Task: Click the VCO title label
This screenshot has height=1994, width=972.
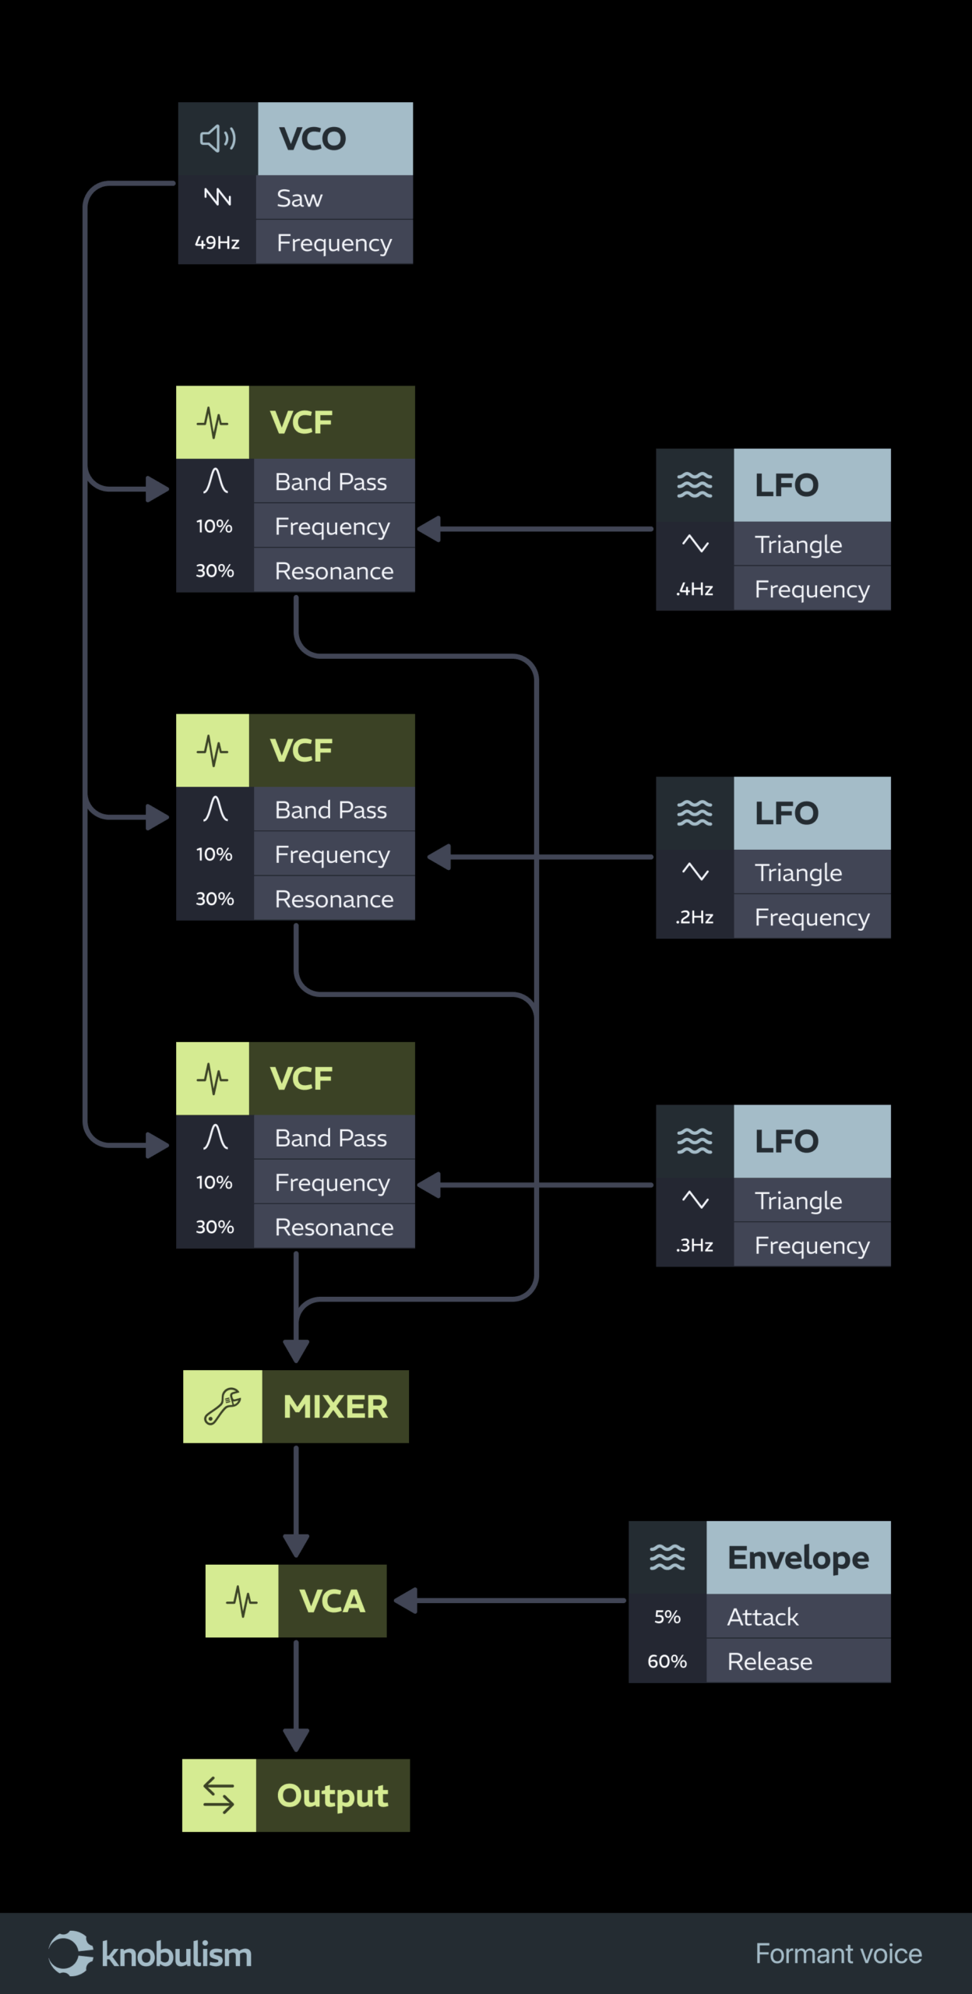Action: point(313,139)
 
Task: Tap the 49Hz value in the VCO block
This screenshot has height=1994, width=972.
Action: point(217,243)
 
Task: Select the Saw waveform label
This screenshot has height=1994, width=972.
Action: point(300,199)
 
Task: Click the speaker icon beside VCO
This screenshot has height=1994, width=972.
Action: point(218,139)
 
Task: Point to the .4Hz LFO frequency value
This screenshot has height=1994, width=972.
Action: point(695,590)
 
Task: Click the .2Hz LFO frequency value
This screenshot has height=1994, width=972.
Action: point(695,918)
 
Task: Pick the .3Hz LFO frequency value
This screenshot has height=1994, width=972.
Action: point(695,1245)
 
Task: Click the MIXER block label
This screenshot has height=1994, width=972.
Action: point(336,1407)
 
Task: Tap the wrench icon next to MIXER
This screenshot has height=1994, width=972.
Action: point(223,1407)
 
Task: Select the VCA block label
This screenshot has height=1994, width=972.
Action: point(333,1601)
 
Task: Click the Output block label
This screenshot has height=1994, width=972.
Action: point(333,1796)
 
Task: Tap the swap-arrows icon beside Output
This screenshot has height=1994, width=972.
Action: point(219,1796)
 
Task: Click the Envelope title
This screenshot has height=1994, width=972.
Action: point(798,1558)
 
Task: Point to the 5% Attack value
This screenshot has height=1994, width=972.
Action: point(667,1618)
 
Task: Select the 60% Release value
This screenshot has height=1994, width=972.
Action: point(667,1662)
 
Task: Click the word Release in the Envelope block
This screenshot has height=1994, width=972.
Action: point(770,1662)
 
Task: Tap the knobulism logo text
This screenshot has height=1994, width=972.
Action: point(177,1956)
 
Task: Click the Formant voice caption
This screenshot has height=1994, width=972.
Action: point(839,1954)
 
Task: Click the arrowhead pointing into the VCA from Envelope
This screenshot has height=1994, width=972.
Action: point(406,1601)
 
